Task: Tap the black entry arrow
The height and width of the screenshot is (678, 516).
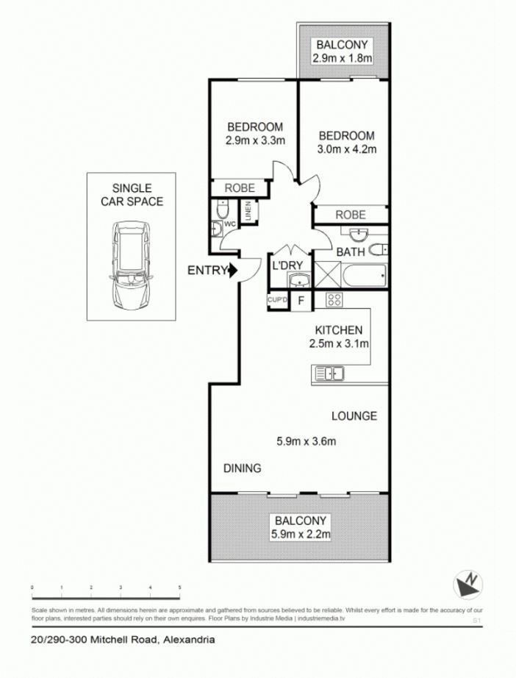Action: pyautogui.click(x=234, y=271)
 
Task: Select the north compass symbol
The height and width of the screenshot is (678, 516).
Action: pyautogui.click(x=467, y=585)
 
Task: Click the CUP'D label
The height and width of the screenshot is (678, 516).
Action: pyautogui.click(x=276, y=301)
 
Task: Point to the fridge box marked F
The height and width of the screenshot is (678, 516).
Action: pyautogui.click(x=300, y=301)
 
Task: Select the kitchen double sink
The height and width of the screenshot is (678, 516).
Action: pyautogui.click(x=329, y=374)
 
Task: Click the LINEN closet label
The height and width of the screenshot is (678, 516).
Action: pyautogui.click(x=249, y=212)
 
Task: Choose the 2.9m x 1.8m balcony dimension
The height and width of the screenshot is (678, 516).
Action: pyautogui.click(x=342, y=58)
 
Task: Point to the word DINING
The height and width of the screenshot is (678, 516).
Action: pyautogui.click(x=242, y=468)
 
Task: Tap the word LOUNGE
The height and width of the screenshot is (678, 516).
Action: pyautogui.click(x=354, y=415)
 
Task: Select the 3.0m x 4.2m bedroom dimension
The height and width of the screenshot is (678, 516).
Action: pyautogui.click(x=347, y=150)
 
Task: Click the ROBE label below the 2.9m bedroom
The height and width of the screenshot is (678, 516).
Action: pyautogui.click(x=239, y=188)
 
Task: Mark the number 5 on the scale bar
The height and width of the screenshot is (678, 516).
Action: pyautogui.click(x=180, y=588)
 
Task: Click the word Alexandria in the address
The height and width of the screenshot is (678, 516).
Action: pyautogui.click(x=189, y=640)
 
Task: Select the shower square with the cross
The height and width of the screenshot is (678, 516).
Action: pyautogui.click(x=326, y=276)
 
